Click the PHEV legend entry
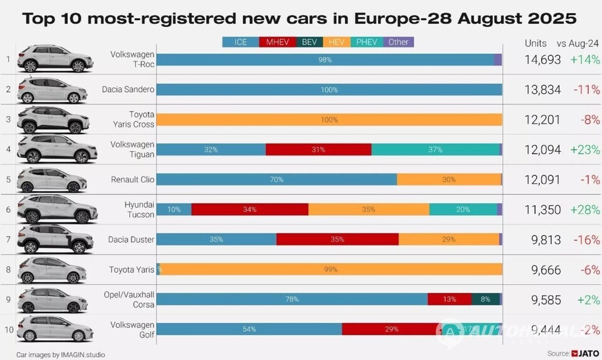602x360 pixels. (x=367, y=42)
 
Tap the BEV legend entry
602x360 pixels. (x=309, y=42)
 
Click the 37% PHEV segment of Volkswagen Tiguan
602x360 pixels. (x=435, y=149)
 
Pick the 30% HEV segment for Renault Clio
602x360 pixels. (x=449, y=179)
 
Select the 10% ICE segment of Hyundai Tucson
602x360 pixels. (x=174, y=209)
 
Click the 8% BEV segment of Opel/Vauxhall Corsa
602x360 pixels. (x=485, y=299)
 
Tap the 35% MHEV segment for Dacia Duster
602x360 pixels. (x=337, y=239)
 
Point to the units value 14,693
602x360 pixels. (x=542, y=60)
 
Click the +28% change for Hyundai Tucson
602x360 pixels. (x=585, y=209)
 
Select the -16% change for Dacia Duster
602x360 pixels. (x=586, y=239)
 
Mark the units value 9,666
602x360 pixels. (x=542, y=269)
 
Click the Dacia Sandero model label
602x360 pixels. (x=128, y=90)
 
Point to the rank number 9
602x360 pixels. (x=8, y=299)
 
